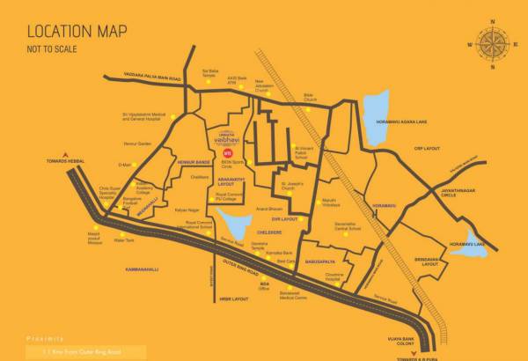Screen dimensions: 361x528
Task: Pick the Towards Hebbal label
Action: (63, 161)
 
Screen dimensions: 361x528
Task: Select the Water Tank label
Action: (123, 239)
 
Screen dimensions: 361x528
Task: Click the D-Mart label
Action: (124, 165)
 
